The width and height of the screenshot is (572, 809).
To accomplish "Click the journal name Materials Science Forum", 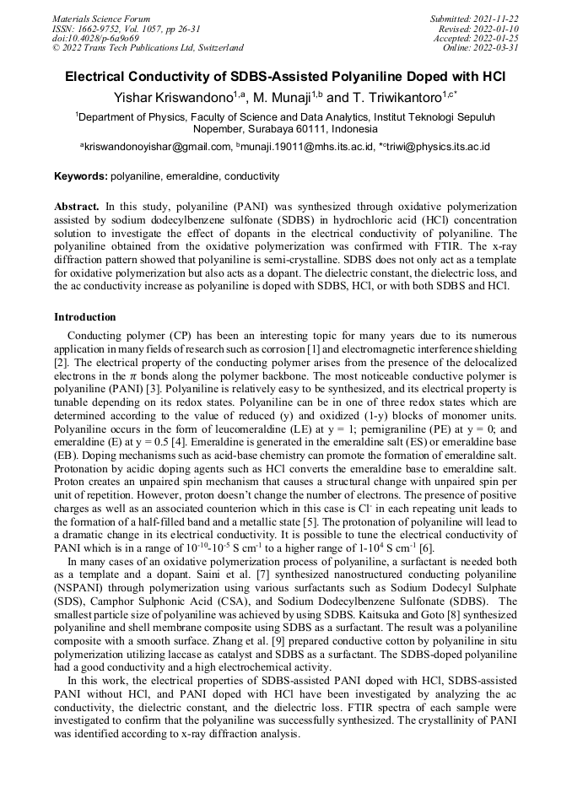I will (x=101, y=19).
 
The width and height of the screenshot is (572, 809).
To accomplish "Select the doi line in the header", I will (x=95, y=38).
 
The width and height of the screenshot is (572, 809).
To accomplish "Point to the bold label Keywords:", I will (x=81, y=176).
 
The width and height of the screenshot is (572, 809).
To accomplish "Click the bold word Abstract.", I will (x=78, y=206).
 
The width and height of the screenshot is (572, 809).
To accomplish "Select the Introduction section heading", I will (x=84, y=317).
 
